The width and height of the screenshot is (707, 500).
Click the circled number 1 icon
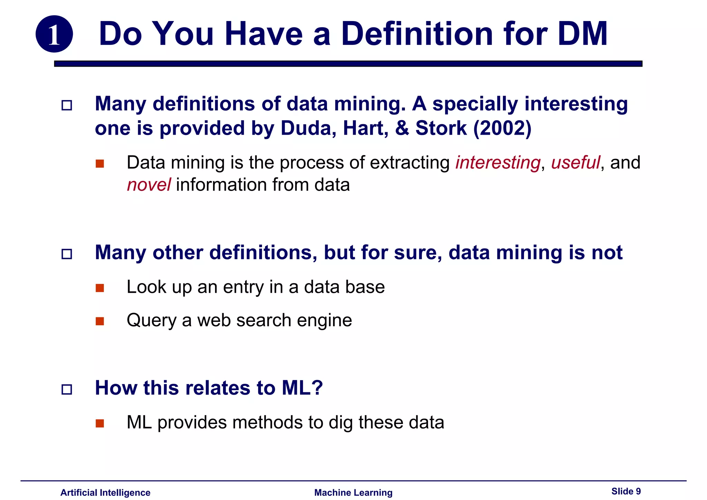pos(54,34)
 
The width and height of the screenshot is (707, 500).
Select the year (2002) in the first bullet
pos(502,128)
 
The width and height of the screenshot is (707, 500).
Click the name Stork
pos(441,128)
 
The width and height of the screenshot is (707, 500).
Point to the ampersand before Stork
pos(402,128)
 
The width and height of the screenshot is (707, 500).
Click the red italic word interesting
pos(497,163)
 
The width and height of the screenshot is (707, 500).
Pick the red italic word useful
pos(575,163)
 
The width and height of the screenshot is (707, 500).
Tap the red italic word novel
pos(148,185)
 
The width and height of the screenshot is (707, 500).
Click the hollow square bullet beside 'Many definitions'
pos(67,105)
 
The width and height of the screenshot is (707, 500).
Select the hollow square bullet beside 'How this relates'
pos(67,390)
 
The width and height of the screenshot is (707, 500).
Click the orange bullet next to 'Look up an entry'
pos(100,288)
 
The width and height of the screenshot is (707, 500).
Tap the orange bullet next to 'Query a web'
pos(100,321)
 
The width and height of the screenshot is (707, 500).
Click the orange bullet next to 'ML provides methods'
pos(100,423)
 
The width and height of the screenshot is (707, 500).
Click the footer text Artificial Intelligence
pos(105,492)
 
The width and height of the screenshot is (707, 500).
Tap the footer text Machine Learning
pos(353,492)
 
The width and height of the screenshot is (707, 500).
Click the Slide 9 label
pos(626,491)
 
